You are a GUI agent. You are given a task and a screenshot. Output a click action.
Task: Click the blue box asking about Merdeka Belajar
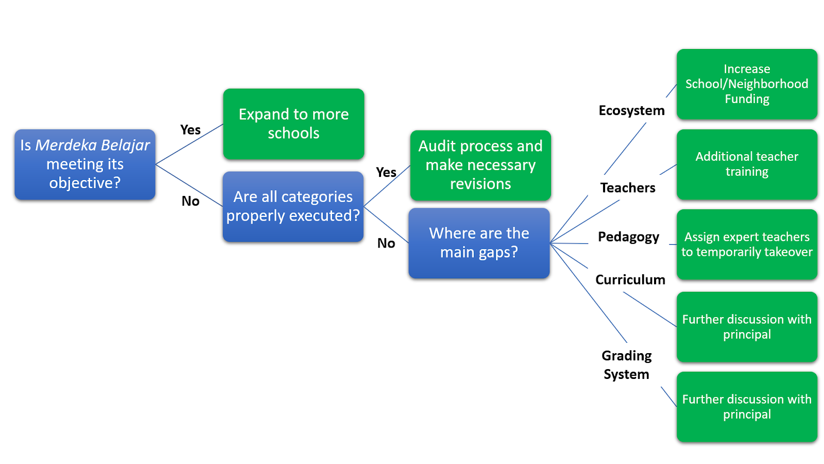click(x=85, y=164)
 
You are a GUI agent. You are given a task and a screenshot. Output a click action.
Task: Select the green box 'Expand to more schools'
click(x=294, y=124)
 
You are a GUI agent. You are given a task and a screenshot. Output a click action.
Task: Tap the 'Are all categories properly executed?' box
click(x=293, y=206)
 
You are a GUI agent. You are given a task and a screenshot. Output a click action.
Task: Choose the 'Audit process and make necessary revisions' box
click(x=480, y=165)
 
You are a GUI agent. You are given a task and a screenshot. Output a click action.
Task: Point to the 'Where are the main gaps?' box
click(x=479, y=243)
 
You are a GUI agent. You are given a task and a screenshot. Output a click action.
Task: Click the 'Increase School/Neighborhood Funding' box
click(x=747, y=84)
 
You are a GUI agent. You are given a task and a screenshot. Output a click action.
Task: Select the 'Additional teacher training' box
click(x=747, y=164)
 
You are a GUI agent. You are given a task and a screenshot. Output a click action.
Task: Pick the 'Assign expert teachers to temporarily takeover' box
click(x=747, y=244)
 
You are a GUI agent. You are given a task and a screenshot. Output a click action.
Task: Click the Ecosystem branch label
click(x=631, y=110)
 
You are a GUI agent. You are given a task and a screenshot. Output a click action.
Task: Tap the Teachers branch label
click(x=628, y=188)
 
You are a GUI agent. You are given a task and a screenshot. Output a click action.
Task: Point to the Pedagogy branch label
click(x=628, y=237)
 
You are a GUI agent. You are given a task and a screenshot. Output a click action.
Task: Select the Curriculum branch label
click(x=630, y=280)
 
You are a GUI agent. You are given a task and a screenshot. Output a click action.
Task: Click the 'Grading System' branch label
click(x=626, y=365)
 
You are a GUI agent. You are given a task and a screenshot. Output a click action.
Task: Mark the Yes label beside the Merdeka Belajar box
click(x=190, y=130)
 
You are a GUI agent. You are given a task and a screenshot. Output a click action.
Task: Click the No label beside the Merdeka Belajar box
click(x=191, y=201)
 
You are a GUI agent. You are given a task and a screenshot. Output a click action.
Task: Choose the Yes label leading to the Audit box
click(x=386, y=172)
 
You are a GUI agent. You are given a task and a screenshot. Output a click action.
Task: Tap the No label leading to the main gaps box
click(x=386, y=243)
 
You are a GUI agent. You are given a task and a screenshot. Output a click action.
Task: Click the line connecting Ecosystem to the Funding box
click(x=672, y=91)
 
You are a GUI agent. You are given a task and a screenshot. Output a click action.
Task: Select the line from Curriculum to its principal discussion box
click(x=650, y=309)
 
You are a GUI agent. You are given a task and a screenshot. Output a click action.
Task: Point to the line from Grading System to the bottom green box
click(x=669, y=397)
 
